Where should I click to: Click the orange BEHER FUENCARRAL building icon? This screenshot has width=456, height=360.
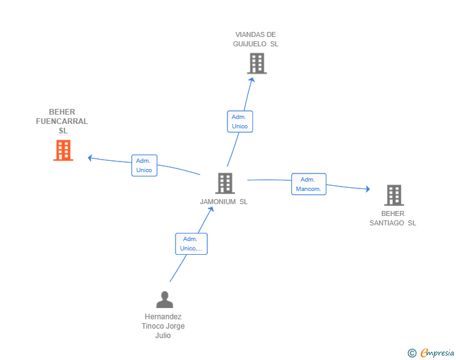63,150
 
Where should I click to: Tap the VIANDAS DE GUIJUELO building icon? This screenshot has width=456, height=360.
257,63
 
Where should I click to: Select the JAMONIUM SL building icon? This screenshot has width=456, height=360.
224,183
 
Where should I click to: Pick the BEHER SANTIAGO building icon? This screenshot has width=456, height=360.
393,195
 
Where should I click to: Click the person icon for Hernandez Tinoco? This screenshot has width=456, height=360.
164,300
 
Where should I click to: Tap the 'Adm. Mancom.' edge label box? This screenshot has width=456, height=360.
309,184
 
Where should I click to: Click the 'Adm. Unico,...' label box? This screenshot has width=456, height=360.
191,244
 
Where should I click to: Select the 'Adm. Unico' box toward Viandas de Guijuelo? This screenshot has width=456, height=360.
240,121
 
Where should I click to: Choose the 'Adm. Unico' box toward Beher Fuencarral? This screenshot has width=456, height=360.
144,165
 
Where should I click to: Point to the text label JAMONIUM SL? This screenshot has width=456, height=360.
224,202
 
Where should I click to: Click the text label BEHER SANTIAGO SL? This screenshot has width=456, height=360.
393,219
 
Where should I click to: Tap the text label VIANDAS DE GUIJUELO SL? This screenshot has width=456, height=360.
256,39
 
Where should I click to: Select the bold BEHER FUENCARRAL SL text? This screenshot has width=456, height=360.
62,121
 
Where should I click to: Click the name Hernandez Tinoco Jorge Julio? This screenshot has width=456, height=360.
163,326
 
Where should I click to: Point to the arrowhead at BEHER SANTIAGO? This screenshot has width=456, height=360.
367,189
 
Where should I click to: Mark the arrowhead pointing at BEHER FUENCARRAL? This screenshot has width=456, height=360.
90,157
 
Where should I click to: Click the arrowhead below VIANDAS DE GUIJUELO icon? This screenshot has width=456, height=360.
252,79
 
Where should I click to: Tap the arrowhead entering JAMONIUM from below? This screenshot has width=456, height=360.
212,208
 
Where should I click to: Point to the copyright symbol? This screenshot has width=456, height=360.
412,353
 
